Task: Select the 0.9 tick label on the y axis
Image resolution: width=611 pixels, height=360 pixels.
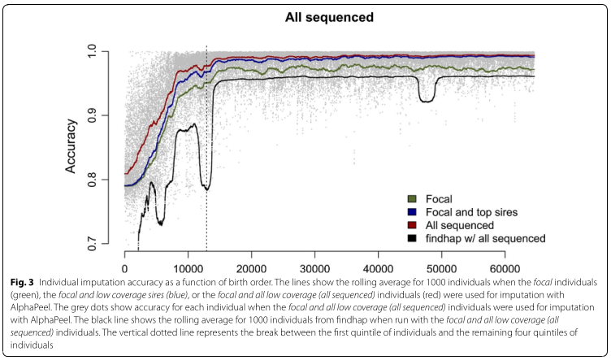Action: (102, 115)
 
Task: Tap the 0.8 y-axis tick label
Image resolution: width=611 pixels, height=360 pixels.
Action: (102, 180)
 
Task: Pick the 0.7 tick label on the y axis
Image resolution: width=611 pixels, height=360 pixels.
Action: (102, 244)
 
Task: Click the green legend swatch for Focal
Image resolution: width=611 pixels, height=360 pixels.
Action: (412, 198)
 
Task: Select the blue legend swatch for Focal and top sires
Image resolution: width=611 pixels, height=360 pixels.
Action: (412, 211)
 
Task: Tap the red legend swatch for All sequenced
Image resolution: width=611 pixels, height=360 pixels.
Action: (412, 224)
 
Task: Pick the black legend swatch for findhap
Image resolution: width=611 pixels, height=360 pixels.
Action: (412, 237)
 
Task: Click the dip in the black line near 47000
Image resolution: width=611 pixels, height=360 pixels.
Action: (426, 98)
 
